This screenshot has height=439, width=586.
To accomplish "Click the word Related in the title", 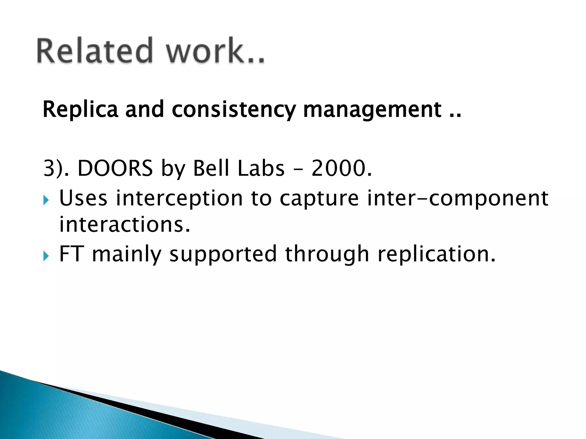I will click(x=94, y=51).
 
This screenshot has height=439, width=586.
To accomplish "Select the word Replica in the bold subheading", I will click(x=80, y=109).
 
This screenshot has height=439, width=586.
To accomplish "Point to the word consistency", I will click(x=234, y=110).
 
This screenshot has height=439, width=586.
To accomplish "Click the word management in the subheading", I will click(x=372, y=109).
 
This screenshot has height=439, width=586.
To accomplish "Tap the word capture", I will click(x=319, y=199).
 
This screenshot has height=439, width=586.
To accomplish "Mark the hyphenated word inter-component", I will click(x=458, y=198).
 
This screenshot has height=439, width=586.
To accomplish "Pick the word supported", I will click(x=223, y=254).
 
